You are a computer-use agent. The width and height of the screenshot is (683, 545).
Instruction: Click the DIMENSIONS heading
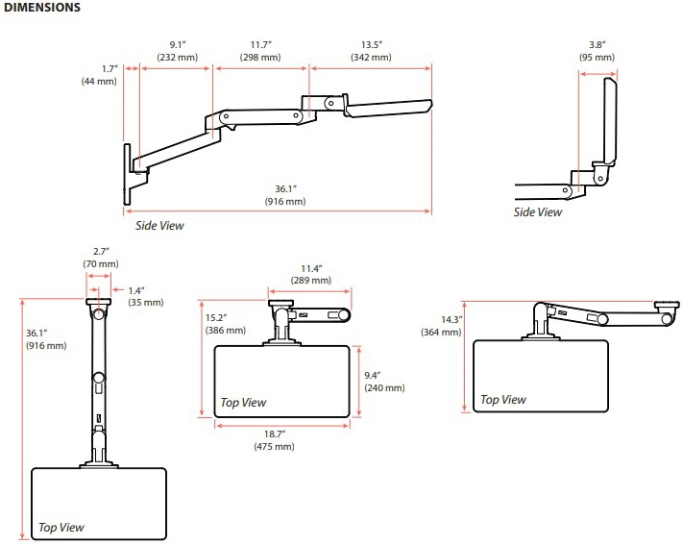tap(40, 9)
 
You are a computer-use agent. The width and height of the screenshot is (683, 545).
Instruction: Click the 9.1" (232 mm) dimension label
tap(178, 51)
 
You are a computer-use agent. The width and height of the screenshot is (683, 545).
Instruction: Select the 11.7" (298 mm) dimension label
tap(260, 51)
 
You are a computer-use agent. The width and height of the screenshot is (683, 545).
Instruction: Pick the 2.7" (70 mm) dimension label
tap(100, 258)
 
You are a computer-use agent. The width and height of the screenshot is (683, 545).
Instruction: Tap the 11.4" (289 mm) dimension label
tap(311, 274)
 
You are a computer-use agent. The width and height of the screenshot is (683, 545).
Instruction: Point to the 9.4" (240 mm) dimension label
tap(384, 382)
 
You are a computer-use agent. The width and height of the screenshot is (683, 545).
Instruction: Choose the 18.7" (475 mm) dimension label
tap(281, 440)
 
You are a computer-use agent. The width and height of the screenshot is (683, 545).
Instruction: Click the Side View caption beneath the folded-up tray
tap(538, 212)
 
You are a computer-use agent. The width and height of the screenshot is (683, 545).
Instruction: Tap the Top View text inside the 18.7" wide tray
tap(244, 403)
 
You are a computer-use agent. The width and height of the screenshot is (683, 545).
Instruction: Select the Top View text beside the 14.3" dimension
tap(503, 399)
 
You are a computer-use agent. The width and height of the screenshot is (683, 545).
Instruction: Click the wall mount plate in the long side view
tap(129, 173)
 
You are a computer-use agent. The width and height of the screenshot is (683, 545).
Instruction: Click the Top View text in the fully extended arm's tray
tap(61, 527)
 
